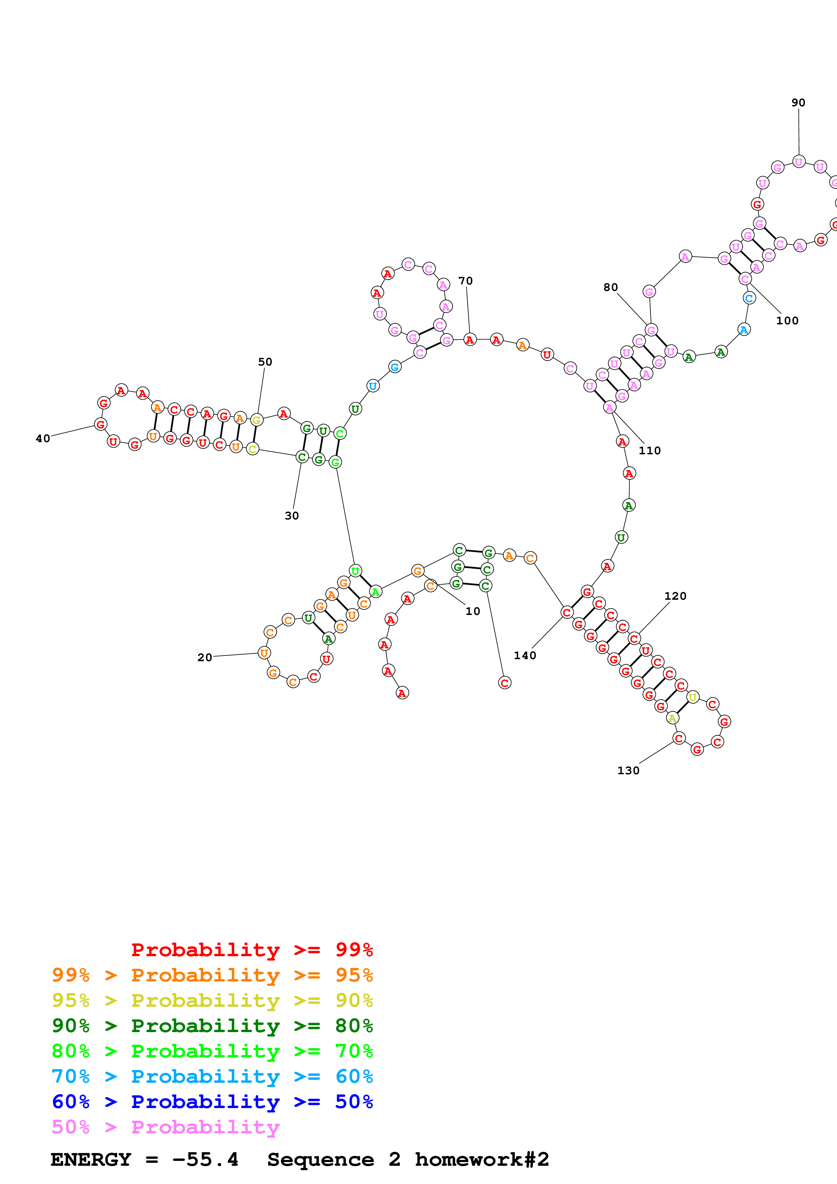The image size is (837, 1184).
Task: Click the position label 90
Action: click(x=798, y=103)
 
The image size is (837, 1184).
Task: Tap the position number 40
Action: click(x=43, y=438)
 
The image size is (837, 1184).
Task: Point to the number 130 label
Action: click(x=628, y=771)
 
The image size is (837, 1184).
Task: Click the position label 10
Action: click(x=472, y=611)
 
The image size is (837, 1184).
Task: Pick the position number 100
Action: click(x=787, y=320)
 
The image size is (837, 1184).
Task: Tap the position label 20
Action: click(x=205, y=657)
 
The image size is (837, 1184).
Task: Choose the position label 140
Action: click(x=525, y=655)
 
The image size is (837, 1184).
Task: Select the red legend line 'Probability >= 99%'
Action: click(x=252, y=950)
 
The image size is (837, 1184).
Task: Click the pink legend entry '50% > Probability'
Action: click(x=165, y=1127)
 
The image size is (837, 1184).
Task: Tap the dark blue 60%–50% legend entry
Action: click(x=212, y=1102)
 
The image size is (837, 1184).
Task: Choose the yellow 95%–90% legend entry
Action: click(x=212, y=1000)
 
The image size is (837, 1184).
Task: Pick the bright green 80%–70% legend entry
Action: click(x=212, y=1051)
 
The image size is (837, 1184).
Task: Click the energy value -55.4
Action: click(x=205, y=1160)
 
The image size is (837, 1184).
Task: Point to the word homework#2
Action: click(x=482, y=1160)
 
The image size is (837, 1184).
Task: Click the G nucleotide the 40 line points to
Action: click(x=101, y=424)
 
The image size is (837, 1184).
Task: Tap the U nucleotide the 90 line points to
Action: click(x=798, y=162)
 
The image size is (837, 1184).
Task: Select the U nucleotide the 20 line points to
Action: click(x=264, y=653)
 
